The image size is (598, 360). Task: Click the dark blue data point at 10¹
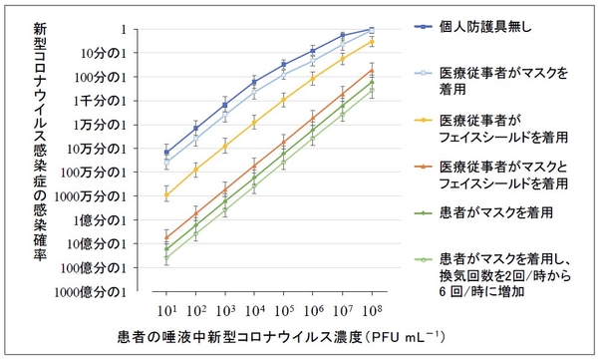[166, 153]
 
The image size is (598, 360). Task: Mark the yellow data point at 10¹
[166, 194]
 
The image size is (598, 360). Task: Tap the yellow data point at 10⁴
[255, 123]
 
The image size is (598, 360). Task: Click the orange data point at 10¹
[166, 237]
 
